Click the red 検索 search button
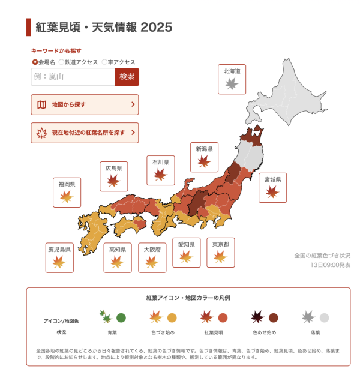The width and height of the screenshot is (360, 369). click(127, 77)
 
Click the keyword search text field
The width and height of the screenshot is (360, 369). click(73, 77)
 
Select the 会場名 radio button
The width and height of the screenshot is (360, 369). click(35, 62)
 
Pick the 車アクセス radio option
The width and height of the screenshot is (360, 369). click(104, 62)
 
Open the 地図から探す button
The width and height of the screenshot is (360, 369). click(85, 104)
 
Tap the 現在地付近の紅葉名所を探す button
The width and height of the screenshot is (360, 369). click(85, 133)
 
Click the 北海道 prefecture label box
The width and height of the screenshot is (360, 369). click(232, 79)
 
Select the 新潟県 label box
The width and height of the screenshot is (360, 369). click(204, 157)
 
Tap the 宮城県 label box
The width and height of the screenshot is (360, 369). click(272, 187)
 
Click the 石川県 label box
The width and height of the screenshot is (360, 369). click(160, 170)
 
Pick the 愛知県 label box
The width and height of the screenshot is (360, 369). click(186, 253)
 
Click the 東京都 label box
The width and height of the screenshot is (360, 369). click(220, 253)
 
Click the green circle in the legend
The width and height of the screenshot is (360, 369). click(121, 318)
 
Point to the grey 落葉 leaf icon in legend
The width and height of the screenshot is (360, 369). click(308, 317)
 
